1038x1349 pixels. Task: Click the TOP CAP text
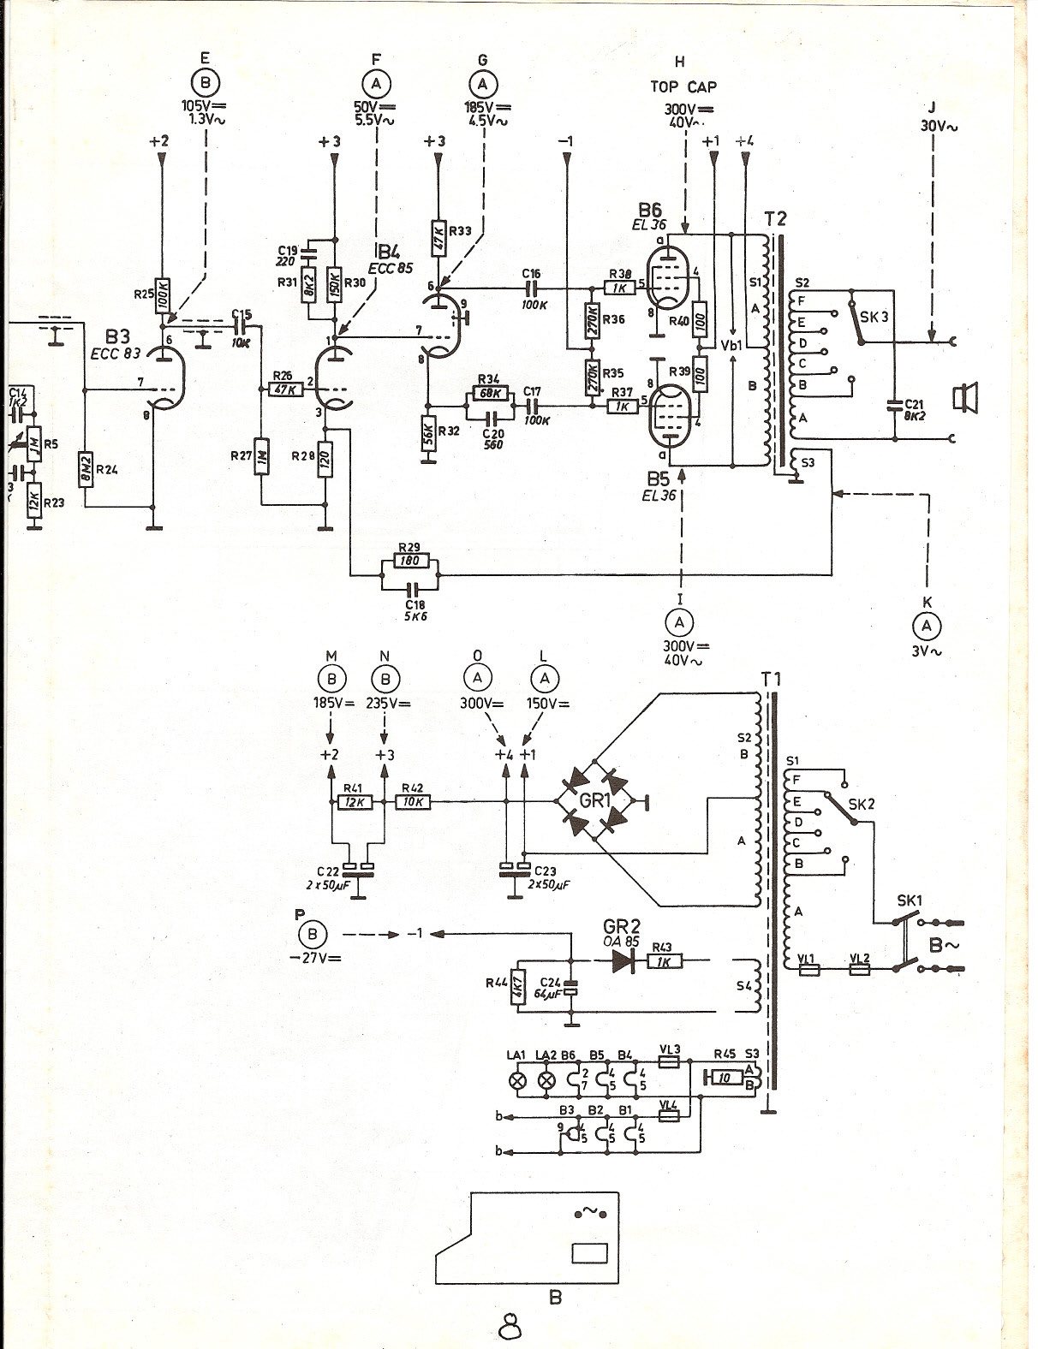point(683,86)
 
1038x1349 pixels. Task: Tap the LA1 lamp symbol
point(516,1079)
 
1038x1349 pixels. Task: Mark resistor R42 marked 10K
point(412,802)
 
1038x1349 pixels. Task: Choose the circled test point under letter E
point(204,83)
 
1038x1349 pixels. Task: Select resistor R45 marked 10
point(725,1078)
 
